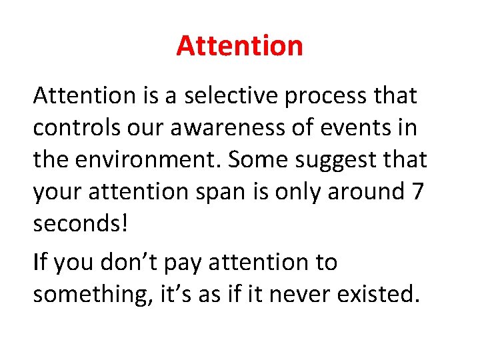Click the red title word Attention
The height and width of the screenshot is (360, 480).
(239, 46)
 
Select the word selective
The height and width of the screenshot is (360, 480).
(230, 96)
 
